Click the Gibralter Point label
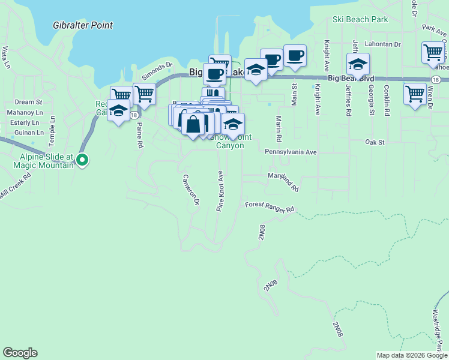83,25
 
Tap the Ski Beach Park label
360,19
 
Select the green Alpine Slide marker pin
83,160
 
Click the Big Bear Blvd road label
351,79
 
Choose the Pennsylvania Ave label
291,152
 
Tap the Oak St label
374,142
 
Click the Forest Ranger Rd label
270,208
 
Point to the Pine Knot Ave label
220,191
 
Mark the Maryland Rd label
283,180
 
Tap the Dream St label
28,103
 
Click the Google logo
20,353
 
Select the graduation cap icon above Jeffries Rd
358,64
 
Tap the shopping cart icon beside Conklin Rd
415,94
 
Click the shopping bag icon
193,125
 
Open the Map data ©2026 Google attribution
412,355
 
